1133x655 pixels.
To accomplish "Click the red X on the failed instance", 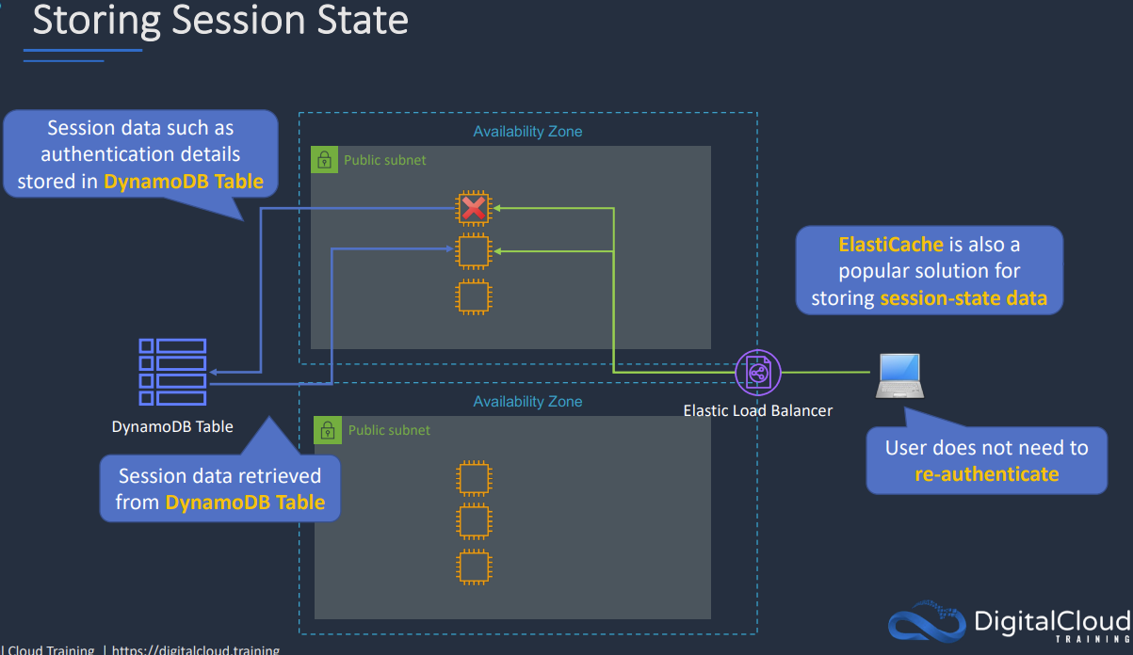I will (x=474, y=208).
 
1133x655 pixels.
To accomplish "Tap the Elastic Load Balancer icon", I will (x=758, y=373).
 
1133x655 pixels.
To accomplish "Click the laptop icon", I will (x=898, y=375).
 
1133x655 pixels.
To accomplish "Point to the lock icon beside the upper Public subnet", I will (x=324, y=160).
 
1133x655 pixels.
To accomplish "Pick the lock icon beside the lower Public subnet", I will (x=327, y=430).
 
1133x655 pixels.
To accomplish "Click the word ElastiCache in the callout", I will (x=891, y=245).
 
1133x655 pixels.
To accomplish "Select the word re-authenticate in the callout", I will (x=986, y=473).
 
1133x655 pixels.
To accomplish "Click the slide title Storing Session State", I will (x=220, y=22).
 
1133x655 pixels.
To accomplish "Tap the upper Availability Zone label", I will (x=527, y=132).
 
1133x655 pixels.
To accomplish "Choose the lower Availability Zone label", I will (x=527, y=402).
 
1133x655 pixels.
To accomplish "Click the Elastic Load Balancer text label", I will (x=757, y=410).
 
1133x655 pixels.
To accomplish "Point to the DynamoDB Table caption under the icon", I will (x=172, y=426).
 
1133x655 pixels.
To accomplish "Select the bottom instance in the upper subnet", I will (x=474, y=296).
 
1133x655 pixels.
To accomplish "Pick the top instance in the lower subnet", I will (x=474, y=478).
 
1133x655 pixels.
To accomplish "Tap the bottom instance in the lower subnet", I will (x=474, y=567).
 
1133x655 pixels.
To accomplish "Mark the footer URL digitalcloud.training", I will (x=196, y=649).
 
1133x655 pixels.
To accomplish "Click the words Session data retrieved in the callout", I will (x=219, y=476).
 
